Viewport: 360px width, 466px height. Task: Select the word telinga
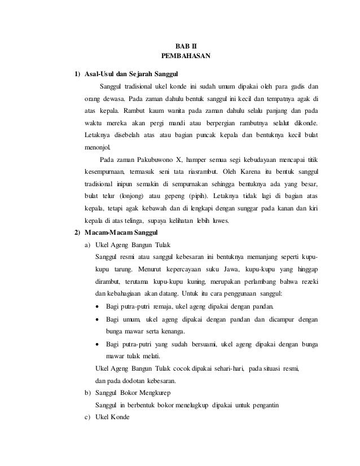point(131,220)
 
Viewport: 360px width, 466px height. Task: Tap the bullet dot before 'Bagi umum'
point(99,319)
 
